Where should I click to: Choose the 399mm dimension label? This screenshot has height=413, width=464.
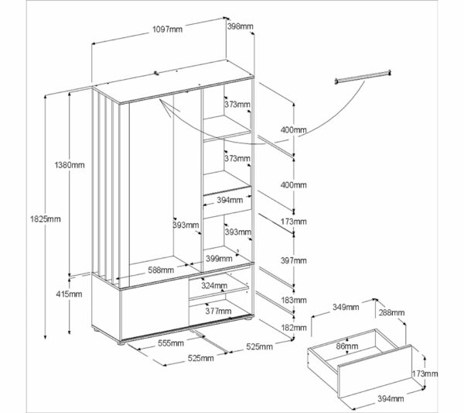coord(220,259)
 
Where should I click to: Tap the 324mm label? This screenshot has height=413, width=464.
coord(215,285)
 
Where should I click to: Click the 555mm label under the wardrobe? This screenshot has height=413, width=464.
coord(170,342)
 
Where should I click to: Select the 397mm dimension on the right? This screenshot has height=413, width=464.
coord(294,260)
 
